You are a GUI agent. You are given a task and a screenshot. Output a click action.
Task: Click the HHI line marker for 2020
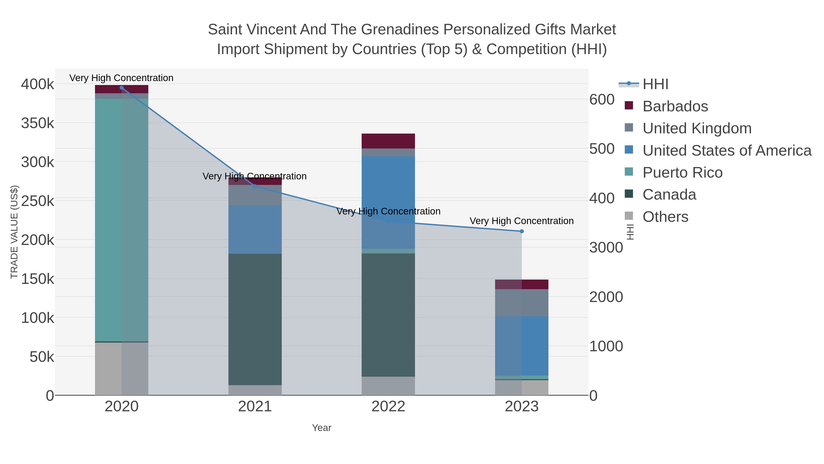pyautogui.click(x=122, y=88)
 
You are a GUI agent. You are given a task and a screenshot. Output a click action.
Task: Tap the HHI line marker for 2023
pyautogui.click(x=522, y=231)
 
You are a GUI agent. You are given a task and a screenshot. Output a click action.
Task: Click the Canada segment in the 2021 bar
pyautogui.click(x=255, y=319)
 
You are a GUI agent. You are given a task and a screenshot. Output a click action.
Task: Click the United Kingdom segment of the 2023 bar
pyautogui.click(x=522, y=303)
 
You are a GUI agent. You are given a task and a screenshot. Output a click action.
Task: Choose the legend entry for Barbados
pyautogui.click(x=675, y=106)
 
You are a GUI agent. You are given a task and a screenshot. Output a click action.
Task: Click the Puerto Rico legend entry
pyautogui.click(x=682, y=173)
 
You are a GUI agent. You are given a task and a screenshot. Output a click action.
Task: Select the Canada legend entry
pyautogui.click(x=669, y=195)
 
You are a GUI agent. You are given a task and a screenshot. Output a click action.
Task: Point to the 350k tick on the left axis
pyautogui.click(x=38, y=123)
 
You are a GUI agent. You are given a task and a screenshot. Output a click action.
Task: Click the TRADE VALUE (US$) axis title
pyautogui.click(x=14, y=232)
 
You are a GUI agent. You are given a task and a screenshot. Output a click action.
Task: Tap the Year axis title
pyautogui.click(x=322, y=428)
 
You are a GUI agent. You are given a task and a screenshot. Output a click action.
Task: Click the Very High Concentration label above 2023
pyautogui.click(x=521, y=221)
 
